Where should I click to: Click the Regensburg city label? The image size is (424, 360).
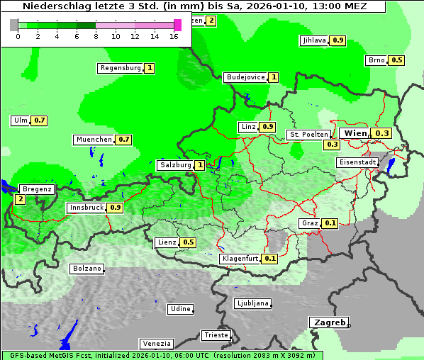coord(121,68)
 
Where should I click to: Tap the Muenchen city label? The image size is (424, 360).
coord(94,140)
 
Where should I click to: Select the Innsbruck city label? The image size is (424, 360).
coord(86,208)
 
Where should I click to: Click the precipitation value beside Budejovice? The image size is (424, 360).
coord(273,77)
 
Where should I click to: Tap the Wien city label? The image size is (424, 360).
coord(355,133)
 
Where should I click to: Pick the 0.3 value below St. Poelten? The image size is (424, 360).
coord(332,145)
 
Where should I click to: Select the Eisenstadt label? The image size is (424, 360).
coord(357,162)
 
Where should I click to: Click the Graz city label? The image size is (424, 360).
coord(310,223)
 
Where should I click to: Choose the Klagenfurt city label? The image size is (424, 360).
coord(240,259)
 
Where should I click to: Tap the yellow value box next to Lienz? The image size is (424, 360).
coord(188,242)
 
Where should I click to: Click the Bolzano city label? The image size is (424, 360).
coord(87,269)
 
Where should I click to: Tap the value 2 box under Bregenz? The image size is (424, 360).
coord(20,200)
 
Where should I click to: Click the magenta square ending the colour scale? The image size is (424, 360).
coord(177,25)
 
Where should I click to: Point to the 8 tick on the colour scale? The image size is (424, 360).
coord(95,35)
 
